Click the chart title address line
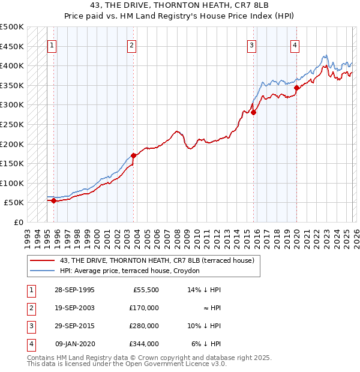tap(180, 5)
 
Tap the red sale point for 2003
tap(133, 156)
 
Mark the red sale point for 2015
tap(253, 112)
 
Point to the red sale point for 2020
tap(296, 88)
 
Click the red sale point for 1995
tap(53, 200)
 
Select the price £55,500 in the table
tap(145, 289)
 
